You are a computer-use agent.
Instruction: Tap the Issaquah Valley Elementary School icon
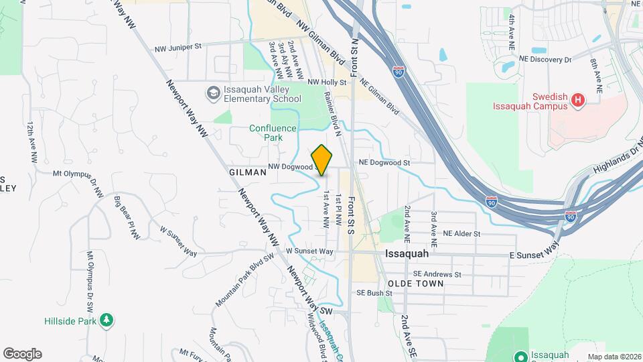coord(213,93)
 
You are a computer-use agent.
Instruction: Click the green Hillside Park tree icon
coord(106,322)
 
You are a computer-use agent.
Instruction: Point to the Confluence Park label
coord(273,132)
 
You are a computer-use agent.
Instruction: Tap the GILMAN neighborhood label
coord(247,172)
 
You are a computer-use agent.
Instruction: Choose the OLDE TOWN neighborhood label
coord(416,284)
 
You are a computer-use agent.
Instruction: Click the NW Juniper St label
coord(177,47)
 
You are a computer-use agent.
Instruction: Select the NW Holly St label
coord(327,82)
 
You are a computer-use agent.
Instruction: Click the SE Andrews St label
coord(437,274)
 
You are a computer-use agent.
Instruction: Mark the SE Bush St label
coord(374,293)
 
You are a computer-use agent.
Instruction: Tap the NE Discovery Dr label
coord(547,60)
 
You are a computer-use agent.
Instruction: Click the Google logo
coord(22,354)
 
